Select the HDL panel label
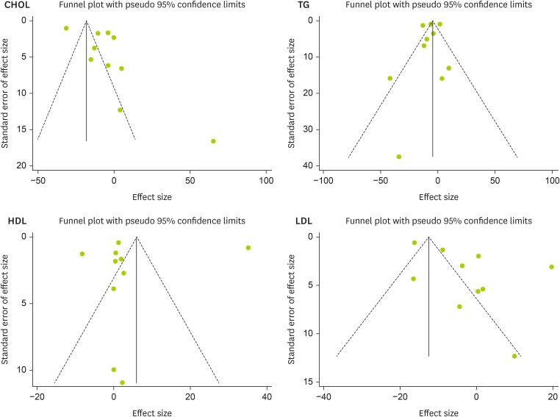click(x=16, y=221)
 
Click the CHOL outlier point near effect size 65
click(x=213, y=141)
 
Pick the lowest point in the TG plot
click(x=399, y=157)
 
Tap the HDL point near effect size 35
click(x=248, y=248)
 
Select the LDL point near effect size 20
click(x=551, y=267)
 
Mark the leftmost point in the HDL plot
click(x=82, y=254)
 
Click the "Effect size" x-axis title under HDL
click(x=151, y=413)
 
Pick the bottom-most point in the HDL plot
click(x=122, y=382)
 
